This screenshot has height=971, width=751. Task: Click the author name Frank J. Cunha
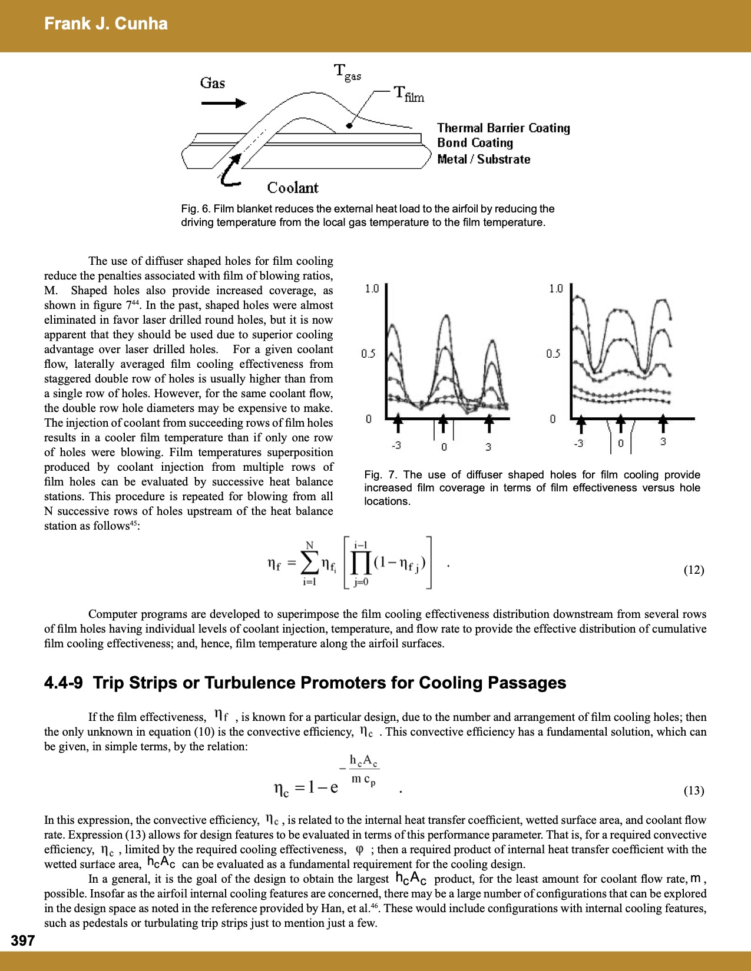(106, 24)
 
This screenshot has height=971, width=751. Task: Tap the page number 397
(22, 940)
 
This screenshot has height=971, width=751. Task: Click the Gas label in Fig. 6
(213, 83)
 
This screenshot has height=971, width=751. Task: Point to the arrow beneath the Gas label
(223, 104)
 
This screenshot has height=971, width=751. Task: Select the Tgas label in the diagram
(347, 72)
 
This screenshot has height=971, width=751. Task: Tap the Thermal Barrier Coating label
(503, 128)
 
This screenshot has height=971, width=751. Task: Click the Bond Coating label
(475, 143)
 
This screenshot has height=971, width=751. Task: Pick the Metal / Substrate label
(483, 159)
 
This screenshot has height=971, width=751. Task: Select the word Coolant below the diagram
(293, 188)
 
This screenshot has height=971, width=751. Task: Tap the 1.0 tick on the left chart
(372, 289)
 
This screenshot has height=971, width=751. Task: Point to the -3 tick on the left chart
(396, 445)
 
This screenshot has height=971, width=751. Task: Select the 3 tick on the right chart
(663, 441)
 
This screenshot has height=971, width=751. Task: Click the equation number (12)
(693, 570)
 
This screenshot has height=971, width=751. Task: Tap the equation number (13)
(693, 790)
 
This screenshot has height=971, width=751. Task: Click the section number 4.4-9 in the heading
(63, 683)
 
